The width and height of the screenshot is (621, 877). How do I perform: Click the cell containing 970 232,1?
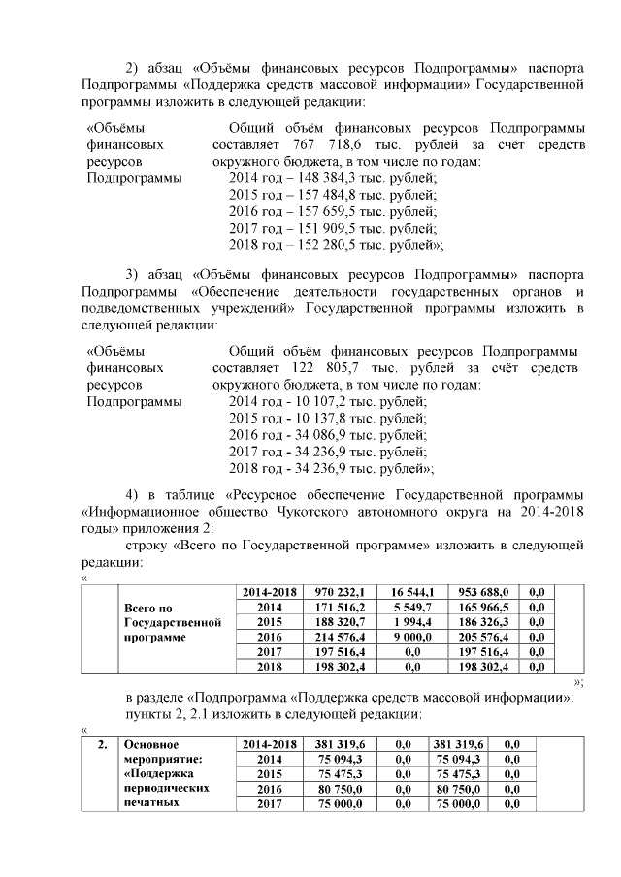(336, 591)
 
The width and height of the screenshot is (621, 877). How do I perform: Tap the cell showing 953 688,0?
(483, 591)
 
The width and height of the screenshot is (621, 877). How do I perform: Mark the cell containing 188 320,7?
(336, 621)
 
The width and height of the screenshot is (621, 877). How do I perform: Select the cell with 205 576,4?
(483, 637)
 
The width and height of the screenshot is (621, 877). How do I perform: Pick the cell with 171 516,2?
(336, 606)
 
